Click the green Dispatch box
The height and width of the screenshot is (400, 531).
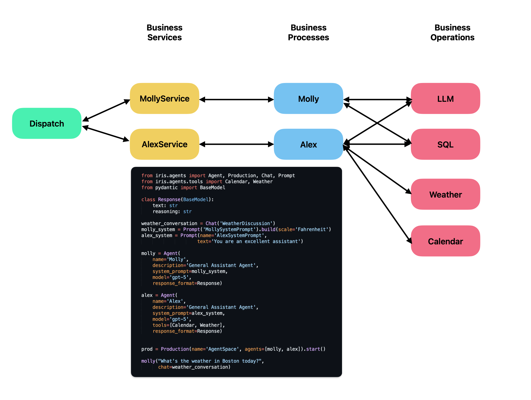[47, 124]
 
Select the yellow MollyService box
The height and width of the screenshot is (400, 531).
[164, 99]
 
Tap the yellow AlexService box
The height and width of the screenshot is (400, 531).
[164, 144]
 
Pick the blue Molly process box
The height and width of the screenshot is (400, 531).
[308, 99]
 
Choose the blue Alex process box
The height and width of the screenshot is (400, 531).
[308, 144]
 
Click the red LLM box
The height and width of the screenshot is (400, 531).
[445, 99]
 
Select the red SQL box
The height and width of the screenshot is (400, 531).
[445, 144]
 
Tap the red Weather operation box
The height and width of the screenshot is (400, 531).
[445, 194]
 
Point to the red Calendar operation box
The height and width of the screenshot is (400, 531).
[445, 241]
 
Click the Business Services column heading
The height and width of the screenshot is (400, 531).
[164, 32]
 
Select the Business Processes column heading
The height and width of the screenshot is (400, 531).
[308, 32]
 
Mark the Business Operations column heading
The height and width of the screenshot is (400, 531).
[452, 32]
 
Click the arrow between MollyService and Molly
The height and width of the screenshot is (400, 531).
[236, 100]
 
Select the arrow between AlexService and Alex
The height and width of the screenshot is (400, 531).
[236, 144]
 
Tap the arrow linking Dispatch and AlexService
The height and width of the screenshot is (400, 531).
[106, 134]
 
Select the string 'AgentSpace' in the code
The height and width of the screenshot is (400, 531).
[222, 349]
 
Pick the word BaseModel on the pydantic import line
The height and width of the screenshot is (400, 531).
[212, 187]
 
